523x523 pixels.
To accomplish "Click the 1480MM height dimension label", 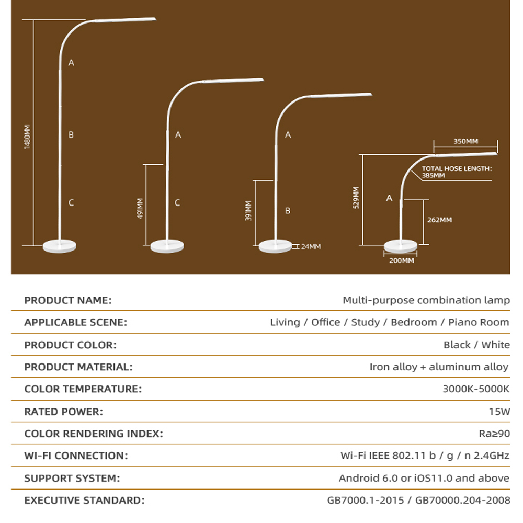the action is pyautogui.click(x=27, y=137).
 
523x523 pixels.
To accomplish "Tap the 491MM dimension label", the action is pyautogui.click(x=140, y=209).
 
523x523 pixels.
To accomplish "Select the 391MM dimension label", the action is pyautogui.click(x=248, y=211).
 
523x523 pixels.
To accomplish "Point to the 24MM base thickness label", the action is pyautogui.click(x=311, y=246).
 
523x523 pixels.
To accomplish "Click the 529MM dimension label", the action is pyautogui.click(x=356, y=198).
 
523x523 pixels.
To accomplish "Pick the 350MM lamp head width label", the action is pyautogui.click(x=465, y=141).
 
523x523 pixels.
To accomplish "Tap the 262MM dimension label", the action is pyautogui.click(x=440, y=220).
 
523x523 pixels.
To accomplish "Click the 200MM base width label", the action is pyautogui.click(x=402, y=260).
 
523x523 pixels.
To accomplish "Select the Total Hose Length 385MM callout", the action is pyautogui.click(x=457, y=172).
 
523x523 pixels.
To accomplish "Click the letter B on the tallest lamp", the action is pyautogui.click(x=71, y=134).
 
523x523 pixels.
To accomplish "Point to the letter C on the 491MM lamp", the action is pyautogui.click(x=177, y=202).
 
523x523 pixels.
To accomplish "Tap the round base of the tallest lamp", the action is pyautogui.click(x=60, y=246).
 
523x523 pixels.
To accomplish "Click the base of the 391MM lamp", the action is pyautogui.click(x=276, y=246).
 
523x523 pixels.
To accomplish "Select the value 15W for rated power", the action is pyautogui.click(x=499, y=412).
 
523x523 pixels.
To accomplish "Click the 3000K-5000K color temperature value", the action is pyautogui.click(x=476, y=389).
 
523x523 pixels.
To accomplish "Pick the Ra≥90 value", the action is pyautogui.click(x=494, y=434).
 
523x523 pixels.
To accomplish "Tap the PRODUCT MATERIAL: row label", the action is pyautogui.click(x=78, y=367).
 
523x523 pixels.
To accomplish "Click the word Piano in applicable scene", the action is pyautogui.click(x=462, y=322).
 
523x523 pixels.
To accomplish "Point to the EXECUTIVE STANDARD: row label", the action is pyautogui.click(x=84, y=501).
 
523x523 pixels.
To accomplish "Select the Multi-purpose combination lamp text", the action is pyautogui.click(x=426, y=300).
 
